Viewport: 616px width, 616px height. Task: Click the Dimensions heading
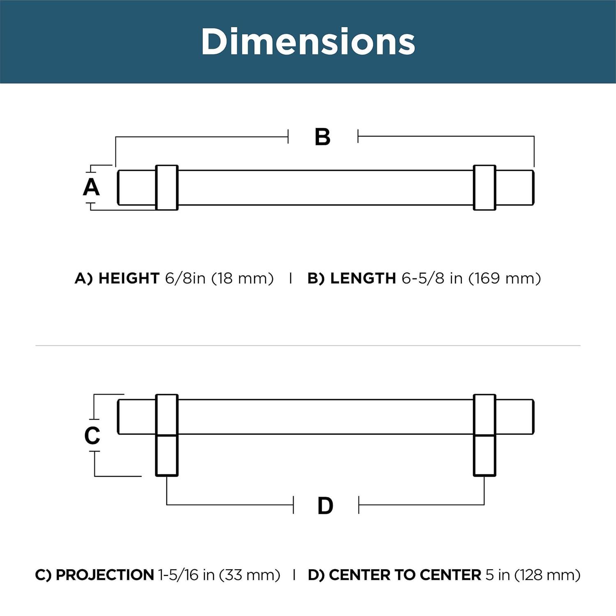[x=308, y=42]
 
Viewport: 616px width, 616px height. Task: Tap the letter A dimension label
[x=91, y=187]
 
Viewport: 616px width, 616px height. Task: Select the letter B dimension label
[x=322, y=137]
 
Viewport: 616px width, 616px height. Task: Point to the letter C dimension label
[x=92, y=435]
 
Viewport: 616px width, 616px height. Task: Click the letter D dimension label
[x=325, y=506]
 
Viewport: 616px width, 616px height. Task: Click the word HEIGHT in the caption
[x=129, y=278]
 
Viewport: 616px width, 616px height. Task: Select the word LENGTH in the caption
[x=363, y=278]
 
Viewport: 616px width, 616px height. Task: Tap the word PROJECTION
[x=105, y=575]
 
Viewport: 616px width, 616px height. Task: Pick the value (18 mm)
[x=242, y=278]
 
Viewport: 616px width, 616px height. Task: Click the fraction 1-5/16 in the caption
[x=179, y=575]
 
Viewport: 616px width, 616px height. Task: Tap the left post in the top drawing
[x=167, y=188]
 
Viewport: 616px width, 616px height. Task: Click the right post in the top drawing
[x=485, y=188]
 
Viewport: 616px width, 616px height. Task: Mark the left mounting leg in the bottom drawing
[x=167, y=455]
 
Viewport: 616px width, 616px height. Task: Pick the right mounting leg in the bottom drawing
[x=485, y=455]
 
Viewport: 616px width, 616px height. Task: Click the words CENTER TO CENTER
[x=405, y=575]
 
